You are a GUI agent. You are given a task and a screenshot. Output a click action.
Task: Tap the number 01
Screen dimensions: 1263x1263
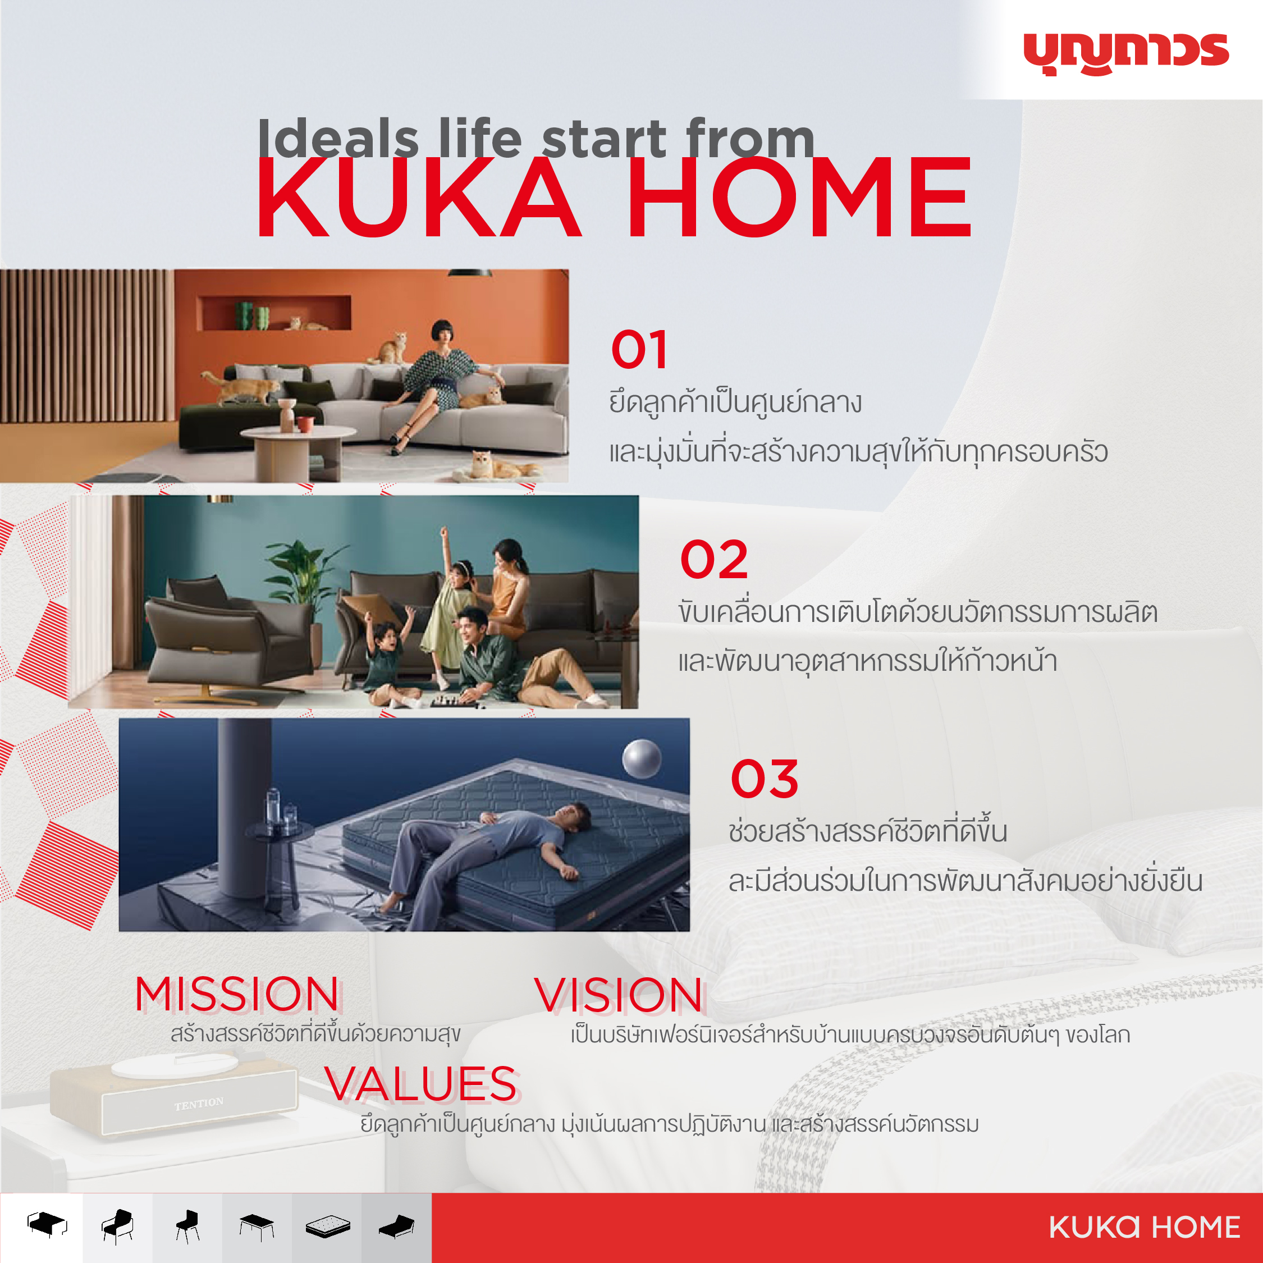[639, 350]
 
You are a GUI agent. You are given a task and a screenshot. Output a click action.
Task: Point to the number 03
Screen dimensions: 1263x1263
[764, 779]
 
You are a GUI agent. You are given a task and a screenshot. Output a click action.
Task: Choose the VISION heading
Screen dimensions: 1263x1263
[619, 996]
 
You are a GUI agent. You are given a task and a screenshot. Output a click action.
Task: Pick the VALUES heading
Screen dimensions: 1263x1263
[422, 1084]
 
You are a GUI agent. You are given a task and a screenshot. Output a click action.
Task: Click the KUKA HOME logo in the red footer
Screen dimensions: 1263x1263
[1144, 1227]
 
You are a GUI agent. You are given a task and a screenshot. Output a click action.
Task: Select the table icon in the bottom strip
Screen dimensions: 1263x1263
[257, 1227]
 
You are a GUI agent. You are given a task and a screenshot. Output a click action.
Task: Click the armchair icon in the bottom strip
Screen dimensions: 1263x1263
[118, 1227]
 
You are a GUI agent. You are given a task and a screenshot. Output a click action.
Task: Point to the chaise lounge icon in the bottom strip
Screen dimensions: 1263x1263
[397, 1227]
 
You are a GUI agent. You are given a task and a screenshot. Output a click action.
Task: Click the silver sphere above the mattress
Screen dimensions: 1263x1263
[641, 758]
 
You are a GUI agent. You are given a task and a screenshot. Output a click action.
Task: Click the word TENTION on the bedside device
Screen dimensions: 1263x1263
[199, 1104]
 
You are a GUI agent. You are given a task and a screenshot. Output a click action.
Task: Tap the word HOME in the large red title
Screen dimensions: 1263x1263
[799, 197]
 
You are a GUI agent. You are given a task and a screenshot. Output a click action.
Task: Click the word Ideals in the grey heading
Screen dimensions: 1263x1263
[338, 138]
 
